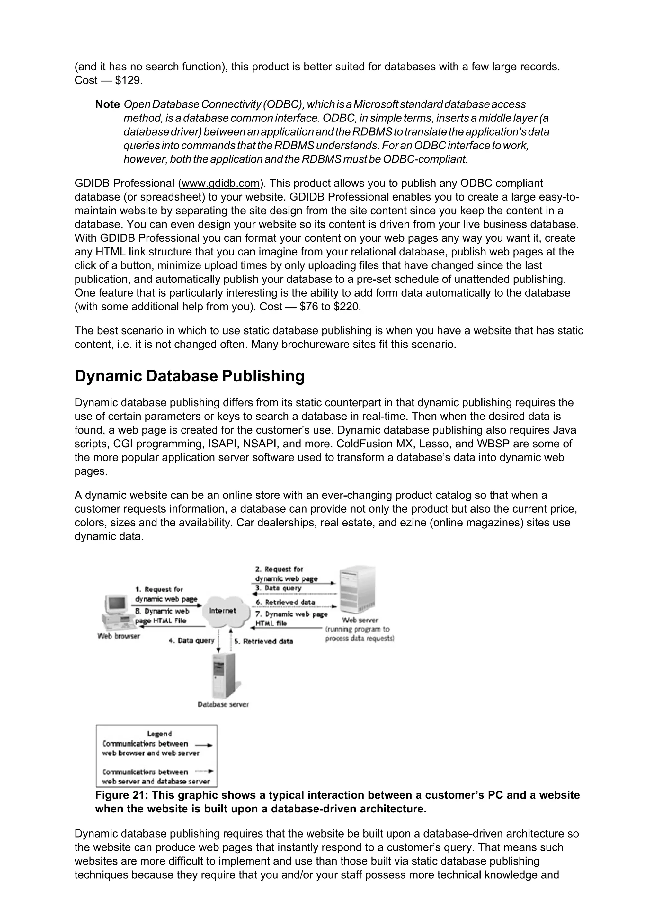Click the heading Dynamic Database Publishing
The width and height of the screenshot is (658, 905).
click(189, 376)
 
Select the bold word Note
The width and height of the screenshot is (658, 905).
click(107, 104)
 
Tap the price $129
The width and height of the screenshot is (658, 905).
click(129, 81)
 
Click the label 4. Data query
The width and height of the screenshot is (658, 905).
click(191, 641)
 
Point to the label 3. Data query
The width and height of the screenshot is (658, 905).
click(279, 588)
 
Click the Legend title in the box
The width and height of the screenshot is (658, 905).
click(159, 734)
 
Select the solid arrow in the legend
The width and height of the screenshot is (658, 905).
click(204, 745)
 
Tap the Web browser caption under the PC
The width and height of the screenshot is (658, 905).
click(119, 636)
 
